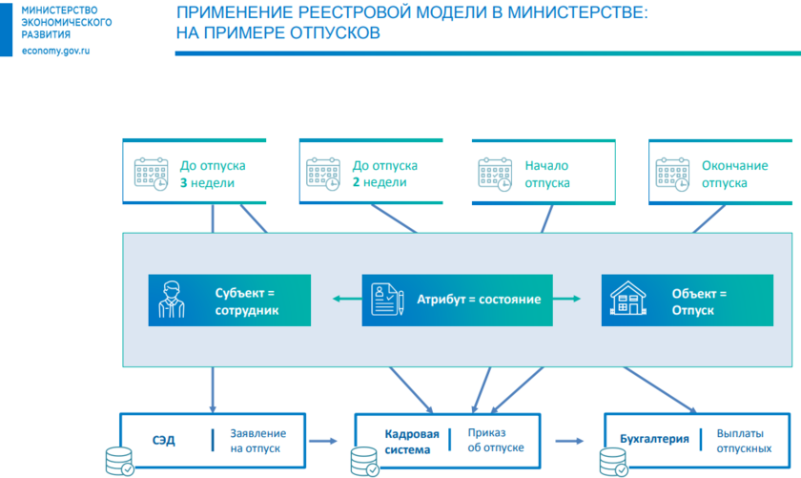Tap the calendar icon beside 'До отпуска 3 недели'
coord(151,173)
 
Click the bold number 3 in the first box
coord(184,182)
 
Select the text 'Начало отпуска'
coord(547,174)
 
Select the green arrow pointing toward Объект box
coord(569,300)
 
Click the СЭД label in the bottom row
coord(163,441)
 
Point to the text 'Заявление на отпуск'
coord(257,441)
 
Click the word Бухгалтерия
coord(654,440)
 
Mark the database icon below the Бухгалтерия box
coord(612,462)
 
